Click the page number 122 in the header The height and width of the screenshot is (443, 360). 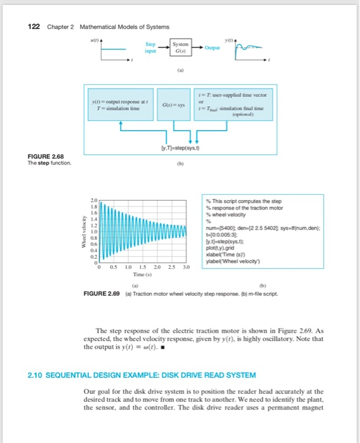point(35,27)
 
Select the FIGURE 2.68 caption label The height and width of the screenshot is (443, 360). point(46,156)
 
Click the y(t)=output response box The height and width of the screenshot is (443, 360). point(127,104)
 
